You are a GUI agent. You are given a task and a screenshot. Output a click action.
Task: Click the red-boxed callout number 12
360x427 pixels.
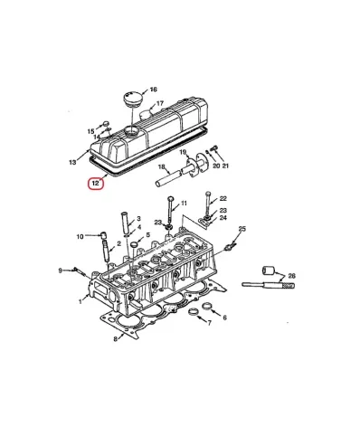point(96,183)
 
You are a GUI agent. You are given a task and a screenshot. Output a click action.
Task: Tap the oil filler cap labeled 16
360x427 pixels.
point(132,99)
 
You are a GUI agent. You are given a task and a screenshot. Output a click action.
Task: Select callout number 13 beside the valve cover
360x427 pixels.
point(72,162)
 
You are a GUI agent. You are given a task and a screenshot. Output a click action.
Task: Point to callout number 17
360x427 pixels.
point(160,103)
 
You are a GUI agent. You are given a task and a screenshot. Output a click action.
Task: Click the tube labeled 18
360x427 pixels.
point(168,178)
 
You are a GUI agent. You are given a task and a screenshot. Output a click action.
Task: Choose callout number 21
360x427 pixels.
point(225,166)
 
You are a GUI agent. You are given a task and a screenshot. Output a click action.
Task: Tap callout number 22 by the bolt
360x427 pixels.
point(223,198)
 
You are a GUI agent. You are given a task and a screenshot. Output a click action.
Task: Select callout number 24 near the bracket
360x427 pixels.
point(223,218)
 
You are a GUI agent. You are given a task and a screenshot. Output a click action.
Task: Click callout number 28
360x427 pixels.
point(292,276)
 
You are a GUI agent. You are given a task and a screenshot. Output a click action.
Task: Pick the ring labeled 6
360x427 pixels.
point(207,306)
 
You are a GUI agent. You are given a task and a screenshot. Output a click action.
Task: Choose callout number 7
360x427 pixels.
point(209,323)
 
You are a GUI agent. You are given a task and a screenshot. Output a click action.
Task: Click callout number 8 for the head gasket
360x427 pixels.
point(115,339)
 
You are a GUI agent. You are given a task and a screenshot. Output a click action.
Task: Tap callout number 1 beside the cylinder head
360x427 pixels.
point(81,301)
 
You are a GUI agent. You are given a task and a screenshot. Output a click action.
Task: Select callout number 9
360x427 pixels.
point(60,270)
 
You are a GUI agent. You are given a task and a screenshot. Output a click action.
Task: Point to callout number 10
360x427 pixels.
point(80,237)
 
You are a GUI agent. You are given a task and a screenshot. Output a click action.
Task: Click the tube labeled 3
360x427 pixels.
point(126,223)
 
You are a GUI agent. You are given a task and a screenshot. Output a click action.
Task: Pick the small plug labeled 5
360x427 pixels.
point(134,244)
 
